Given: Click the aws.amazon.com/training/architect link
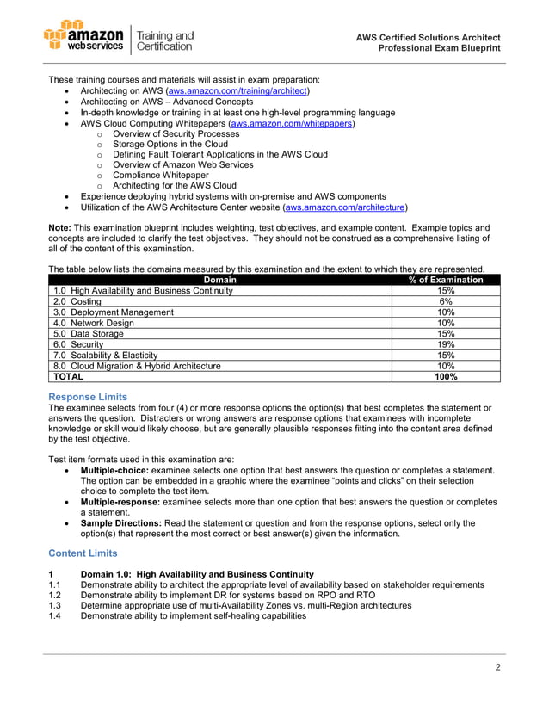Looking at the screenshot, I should (238, 90).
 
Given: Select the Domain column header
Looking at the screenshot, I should (220, 280).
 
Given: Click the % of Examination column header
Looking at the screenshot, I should (446, 280).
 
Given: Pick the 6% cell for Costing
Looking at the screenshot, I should (446, 302).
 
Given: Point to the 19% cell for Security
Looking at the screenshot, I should (446, 344).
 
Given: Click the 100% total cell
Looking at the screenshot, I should (446, 376).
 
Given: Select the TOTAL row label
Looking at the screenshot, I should (69, 376).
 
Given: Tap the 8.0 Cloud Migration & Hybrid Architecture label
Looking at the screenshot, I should (137, 366).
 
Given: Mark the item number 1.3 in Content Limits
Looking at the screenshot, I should (56, 605).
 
